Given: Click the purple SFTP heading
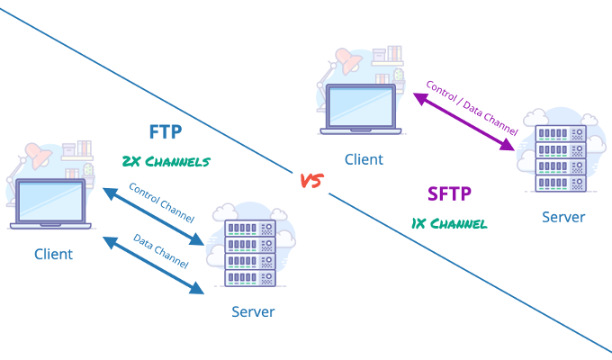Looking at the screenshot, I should [x=449, y=193].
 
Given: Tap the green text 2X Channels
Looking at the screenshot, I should [x=166, y=162].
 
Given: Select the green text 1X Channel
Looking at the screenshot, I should [x=450, y=222].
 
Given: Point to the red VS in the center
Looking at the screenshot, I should [x=310, y=181].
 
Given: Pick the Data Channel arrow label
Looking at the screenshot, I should [x=160, y=251].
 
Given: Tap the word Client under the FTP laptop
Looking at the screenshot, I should [x=53, y=254].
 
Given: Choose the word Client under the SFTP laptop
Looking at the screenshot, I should [x=364, y=159].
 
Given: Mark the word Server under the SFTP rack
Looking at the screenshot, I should [x=563, y=217].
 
